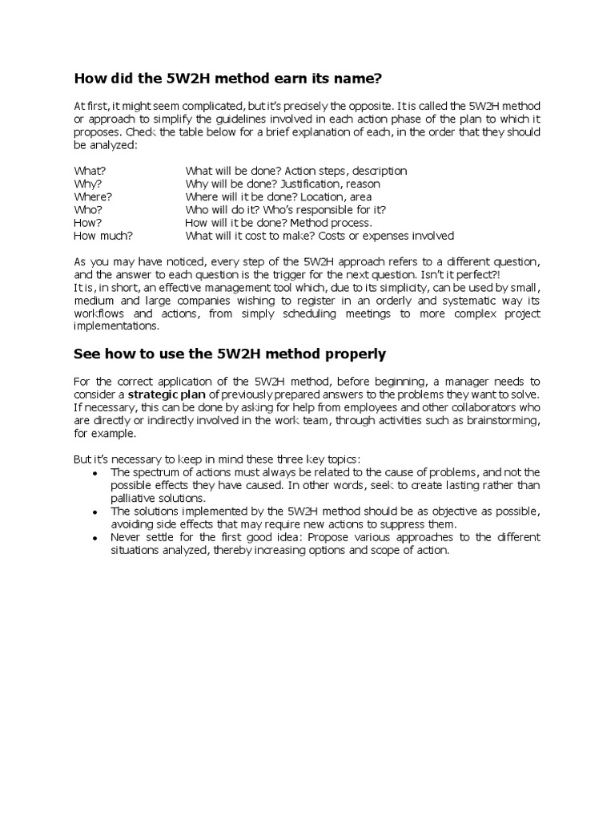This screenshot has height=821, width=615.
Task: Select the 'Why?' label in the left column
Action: click(x=87, y=184)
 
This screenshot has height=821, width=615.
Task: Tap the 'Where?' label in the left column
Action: click(x=93, y=196)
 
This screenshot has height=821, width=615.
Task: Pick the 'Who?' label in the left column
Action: click(x=87, y=209)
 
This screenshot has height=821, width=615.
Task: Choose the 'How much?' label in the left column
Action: click(x=103, y=236)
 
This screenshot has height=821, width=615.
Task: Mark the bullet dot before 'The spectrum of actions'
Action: click(x=95, y=473)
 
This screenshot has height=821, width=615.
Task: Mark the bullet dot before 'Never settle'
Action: click(x=95, y=537)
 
